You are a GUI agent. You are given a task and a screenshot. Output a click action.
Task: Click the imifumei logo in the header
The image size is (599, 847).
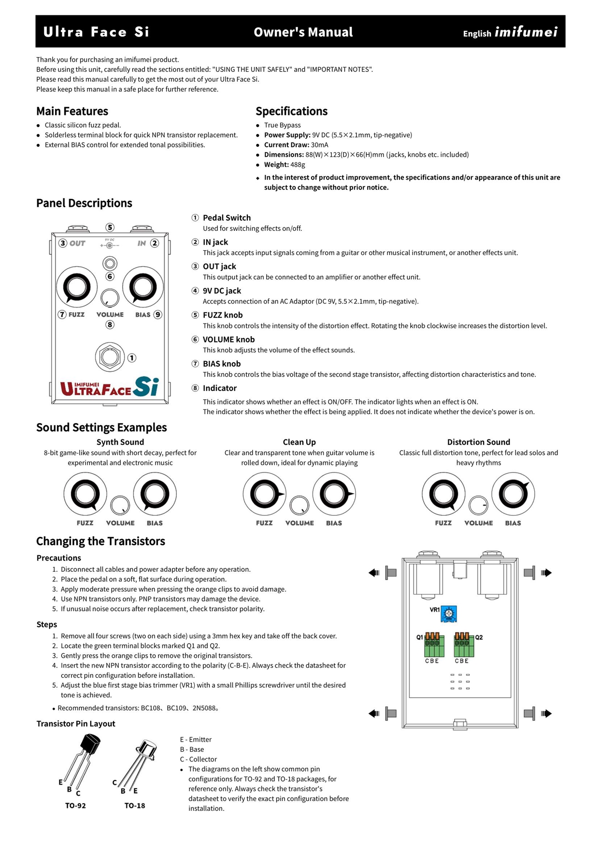(526, 32)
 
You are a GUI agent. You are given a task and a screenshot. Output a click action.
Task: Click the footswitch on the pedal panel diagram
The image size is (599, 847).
(110, 357)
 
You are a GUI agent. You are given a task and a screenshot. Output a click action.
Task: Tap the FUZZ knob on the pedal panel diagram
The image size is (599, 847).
(76, 287)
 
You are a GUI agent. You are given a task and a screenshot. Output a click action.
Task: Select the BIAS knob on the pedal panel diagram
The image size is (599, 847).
(143, 287)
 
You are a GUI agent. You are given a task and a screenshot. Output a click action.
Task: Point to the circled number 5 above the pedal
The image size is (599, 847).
(110, 227)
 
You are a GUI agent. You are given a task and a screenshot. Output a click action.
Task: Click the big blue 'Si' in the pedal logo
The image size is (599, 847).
(146, 386)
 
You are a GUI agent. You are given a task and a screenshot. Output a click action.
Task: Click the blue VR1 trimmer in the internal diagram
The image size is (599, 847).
(449, 614)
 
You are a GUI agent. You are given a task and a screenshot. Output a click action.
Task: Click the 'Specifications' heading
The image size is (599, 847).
(291, 111)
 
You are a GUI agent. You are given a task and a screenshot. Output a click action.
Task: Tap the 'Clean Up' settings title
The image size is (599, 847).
(299, 442)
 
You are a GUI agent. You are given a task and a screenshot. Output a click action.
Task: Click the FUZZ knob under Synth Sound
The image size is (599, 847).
(85, 494)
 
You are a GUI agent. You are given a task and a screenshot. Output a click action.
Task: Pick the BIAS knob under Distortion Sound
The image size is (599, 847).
(513, 494)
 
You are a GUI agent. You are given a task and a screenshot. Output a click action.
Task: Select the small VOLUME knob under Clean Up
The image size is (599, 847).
(299, 505)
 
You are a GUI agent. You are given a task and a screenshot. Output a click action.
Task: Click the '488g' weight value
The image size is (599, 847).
(298, 165)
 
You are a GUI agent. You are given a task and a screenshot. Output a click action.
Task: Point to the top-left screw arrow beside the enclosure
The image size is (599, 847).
(373, 573)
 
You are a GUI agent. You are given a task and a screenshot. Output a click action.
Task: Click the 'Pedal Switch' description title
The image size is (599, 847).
(227, 218)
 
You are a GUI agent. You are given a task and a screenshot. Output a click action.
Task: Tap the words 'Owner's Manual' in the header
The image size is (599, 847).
(303, 32)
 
